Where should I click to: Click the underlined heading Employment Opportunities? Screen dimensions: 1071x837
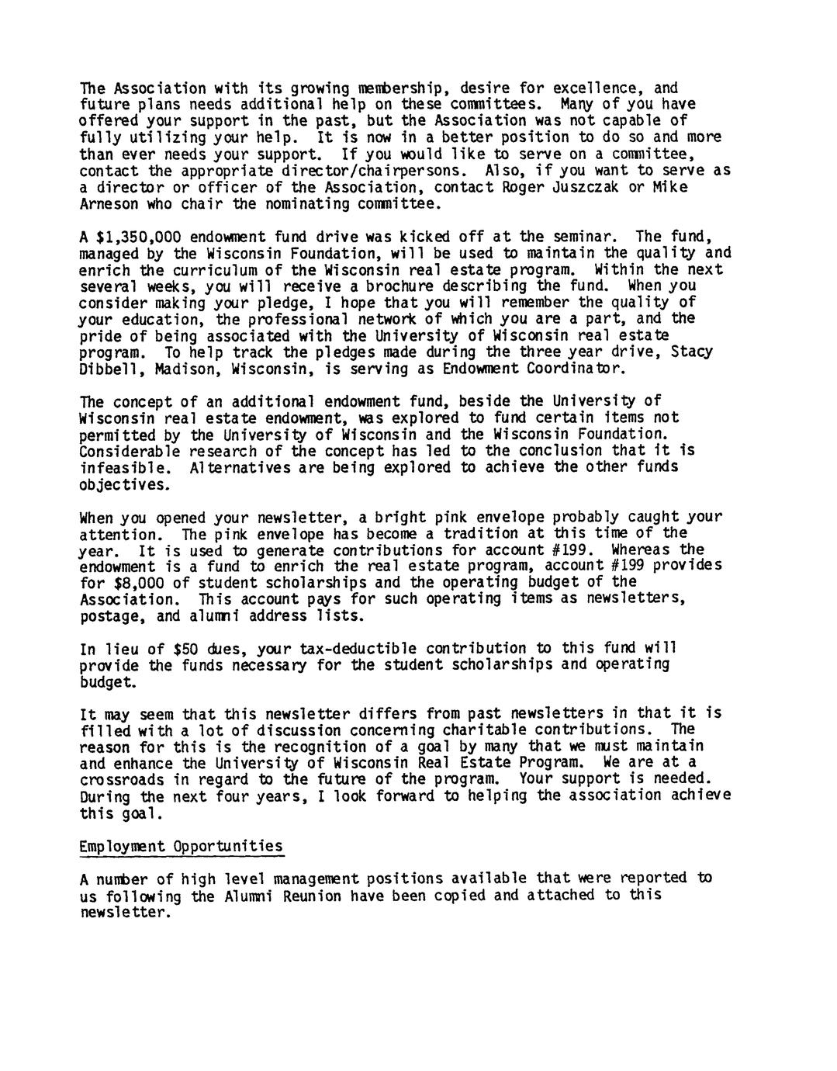182,846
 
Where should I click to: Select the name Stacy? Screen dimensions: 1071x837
691,352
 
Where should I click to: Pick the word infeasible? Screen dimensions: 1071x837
122,467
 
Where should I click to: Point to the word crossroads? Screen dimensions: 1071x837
122,778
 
